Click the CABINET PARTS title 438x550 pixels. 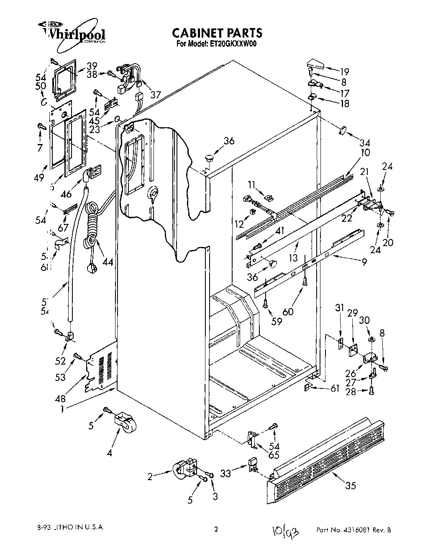point(217,33)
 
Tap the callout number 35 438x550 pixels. point(350,485)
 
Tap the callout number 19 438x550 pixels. point(344,71)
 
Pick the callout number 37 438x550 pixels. point(156,95)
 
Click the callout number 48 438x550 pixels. point(60,399)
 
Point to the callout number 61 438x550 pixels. point(335,389)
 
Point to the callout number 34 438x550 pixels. point(365,143)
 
